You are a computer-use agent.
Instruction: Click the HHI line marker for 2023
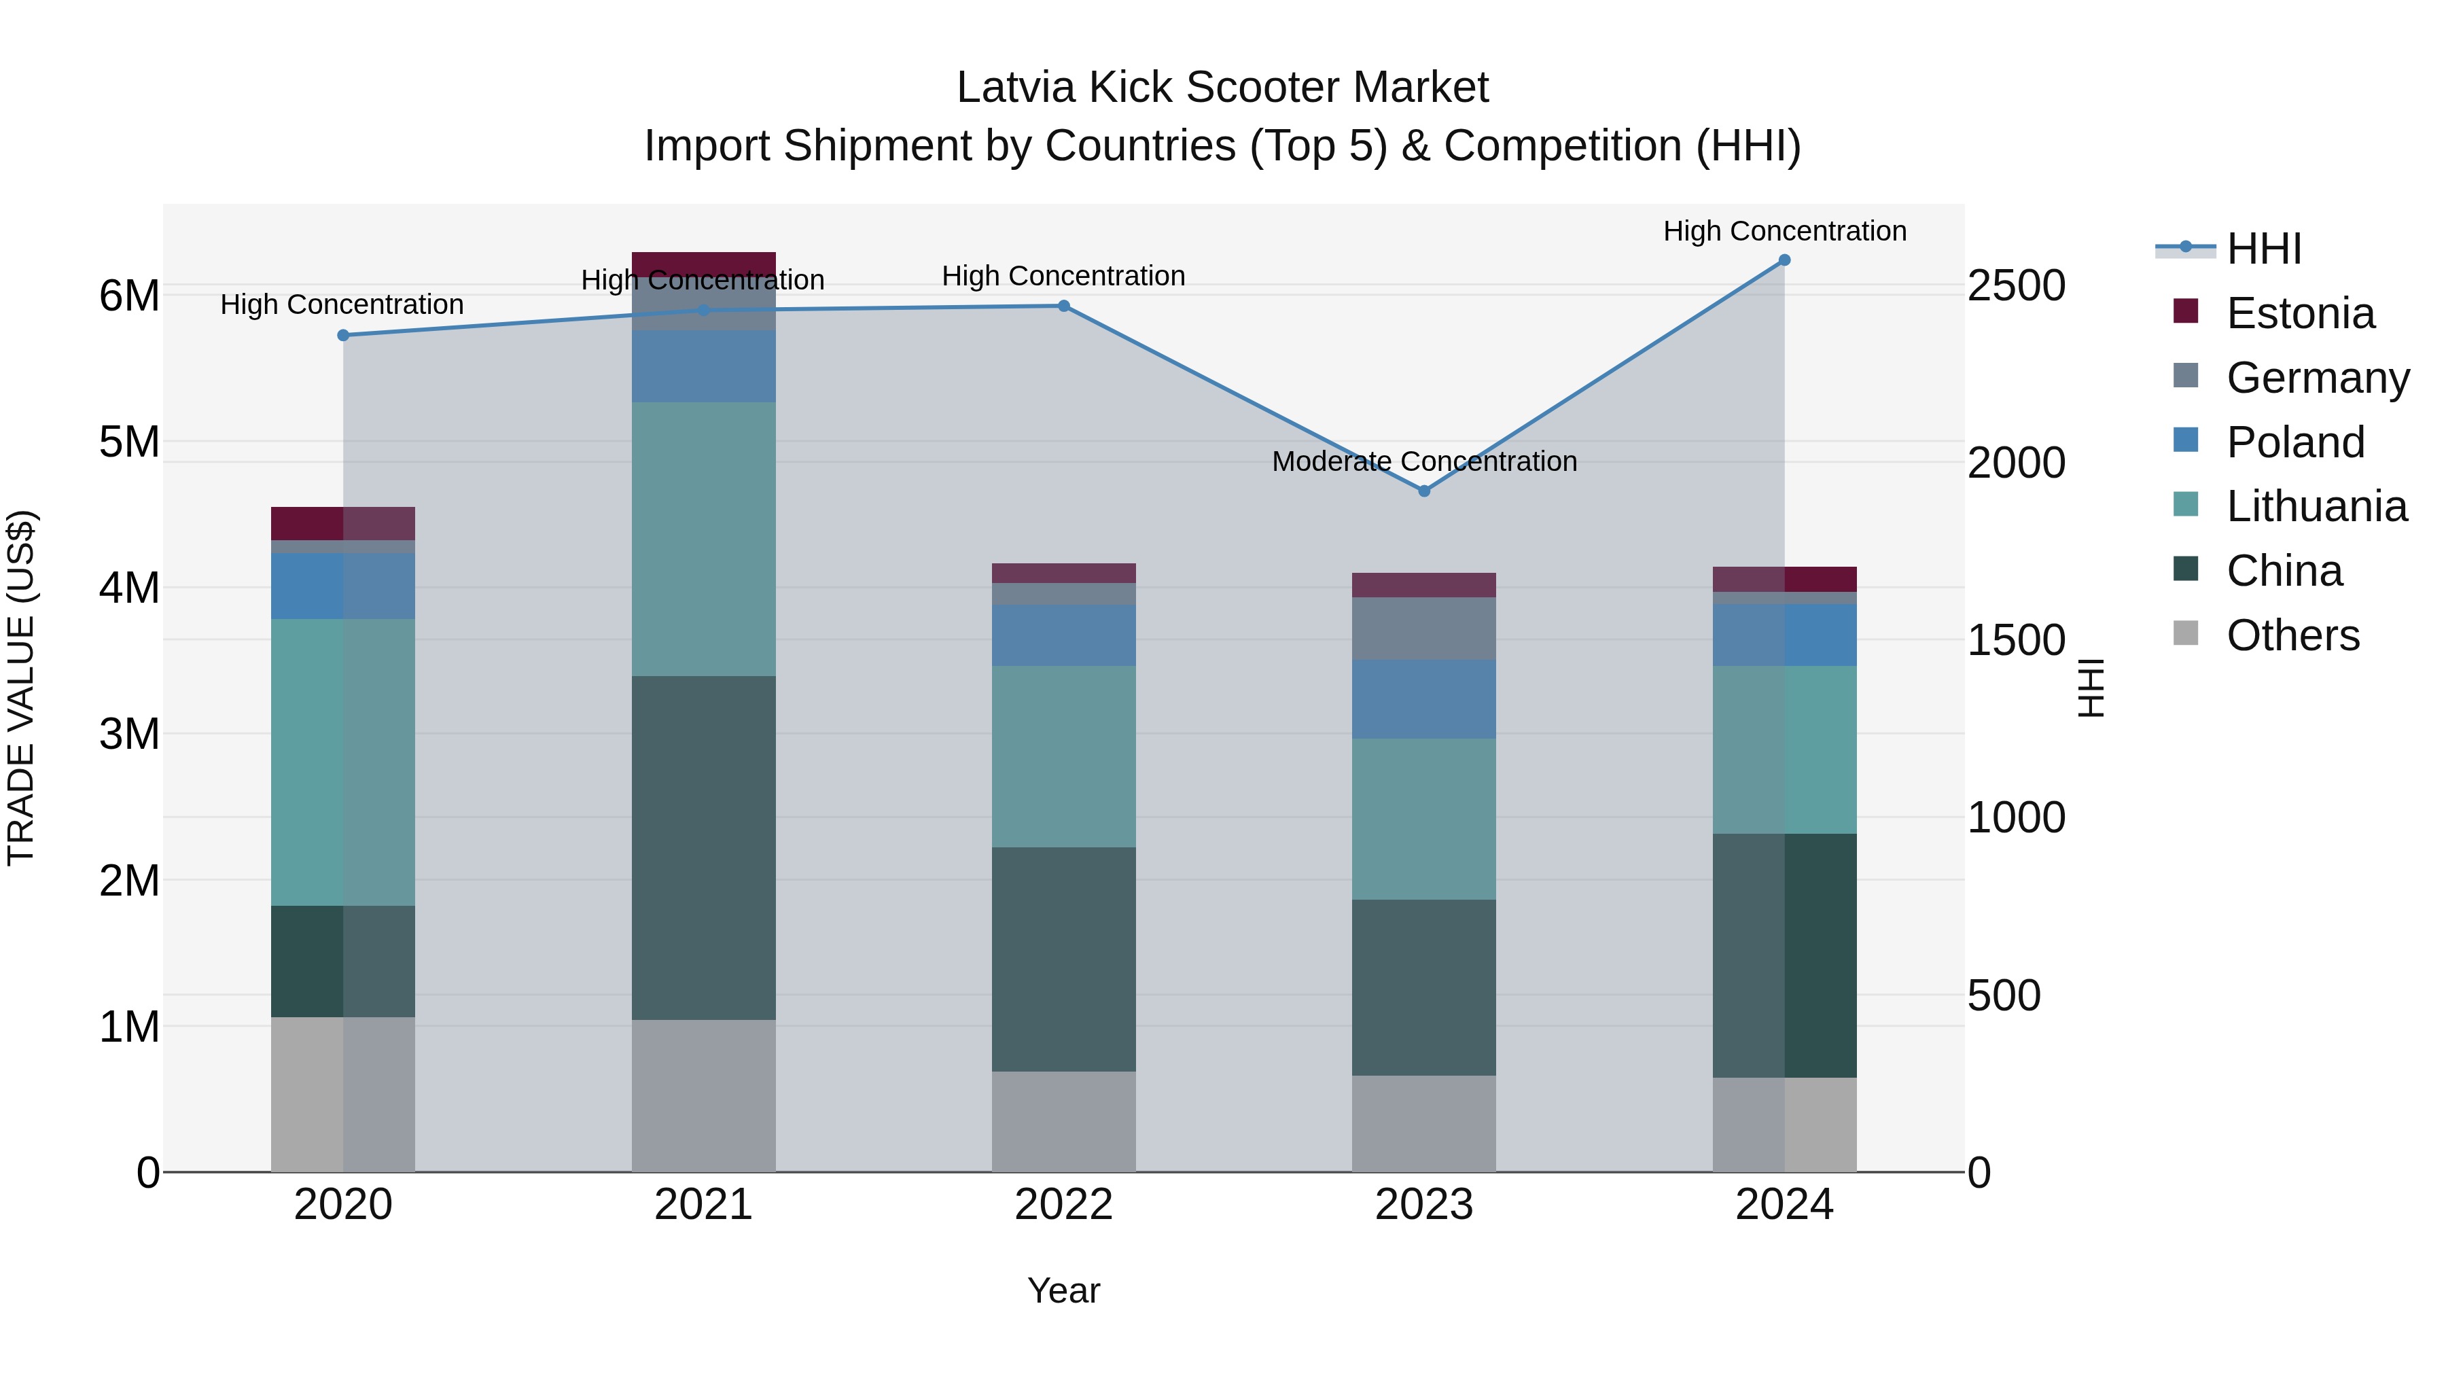(1423, 491)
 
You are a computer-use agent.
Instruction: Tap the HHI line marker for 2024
(1784, 260)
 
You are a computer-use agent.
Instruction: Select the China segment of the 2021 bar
(704, 847)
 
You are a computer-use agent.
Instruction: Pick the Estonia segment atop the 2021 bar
(704, 264)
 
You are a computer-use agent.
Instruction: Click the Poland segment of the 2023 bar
(1423, 699)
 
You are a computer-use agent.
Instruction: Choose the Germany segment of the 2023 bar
(1423, 628)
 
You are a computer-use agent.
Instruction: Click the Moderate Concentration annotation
(1423, 461)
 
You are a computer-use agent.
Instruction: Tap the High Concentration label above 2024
(1784, 231)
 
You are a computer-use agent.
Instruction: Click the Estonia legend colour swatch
(2186, 311)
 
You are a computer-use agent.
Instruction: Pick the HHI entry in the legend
(2264, 249)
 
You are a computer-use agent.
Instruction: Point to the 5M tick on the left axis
(130, 442)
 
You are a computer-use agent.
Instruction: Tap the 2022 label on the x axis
(1063, 1204)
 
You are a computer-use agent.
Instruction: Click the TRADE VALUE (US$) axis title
(21, 688)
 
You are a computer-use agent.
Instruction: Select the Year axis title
(1063, 1290)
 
